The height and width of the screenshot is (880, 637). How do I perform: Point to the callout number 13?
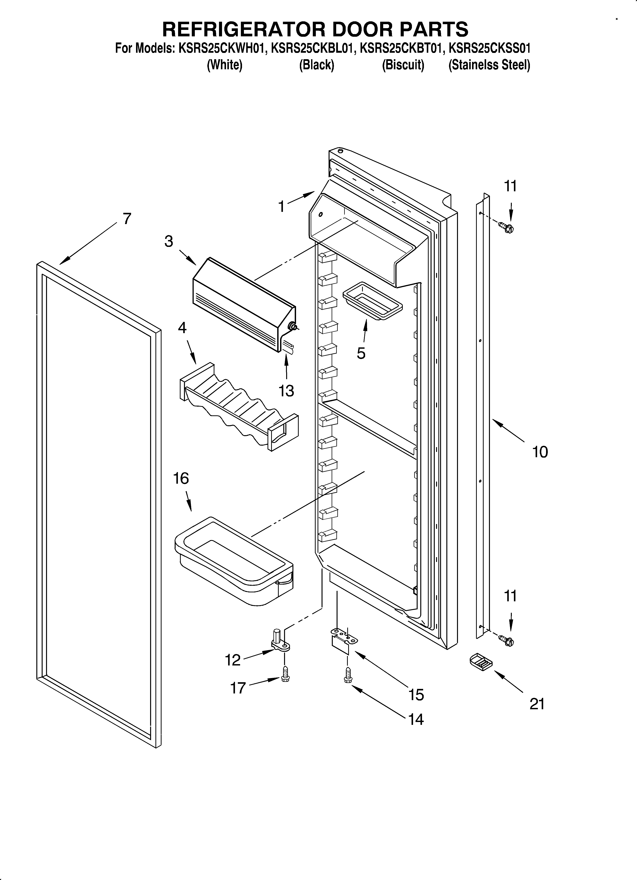coord(286,391)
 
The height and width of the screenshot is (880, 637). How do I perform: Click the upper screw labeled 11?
coord(506,227)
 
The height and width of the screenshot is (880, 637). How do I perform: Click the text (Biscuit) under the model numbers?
coord(403,65)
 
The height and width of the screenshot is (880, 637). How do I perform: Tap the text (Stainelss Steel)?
coord(489,65)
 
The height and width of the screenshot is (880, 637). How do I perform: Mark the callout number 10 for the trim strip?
coord(540,452)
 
